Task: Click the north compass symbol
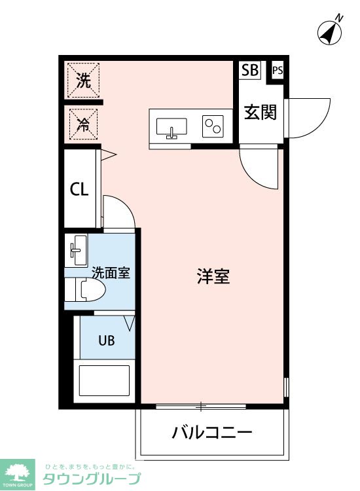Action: click(330, 31)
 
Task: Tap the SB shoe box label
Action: click(250, 70)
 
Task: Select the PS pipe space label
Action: click(278, 70)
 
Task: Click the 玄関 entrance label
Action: click(261, 112)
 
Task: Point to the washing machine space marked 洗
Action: click(84, 80)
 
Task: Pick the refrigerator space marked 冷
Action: click(83, 124)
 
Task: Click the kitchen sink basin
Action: click(171, 128)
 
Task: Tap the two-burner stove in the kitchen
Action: click(213, 126)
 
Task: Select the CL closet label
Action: click(79, 189)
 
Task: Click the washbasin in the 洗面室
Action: click(76, 251)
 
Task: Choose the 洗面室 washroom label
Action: click(111, 273)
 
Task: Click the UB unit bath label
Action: click(107, 340)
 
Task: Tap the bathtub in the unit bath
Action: click(104, 381)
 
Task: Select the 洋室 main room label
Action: click(213, 276)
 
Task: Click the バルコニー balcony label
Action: click(212, 433)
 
